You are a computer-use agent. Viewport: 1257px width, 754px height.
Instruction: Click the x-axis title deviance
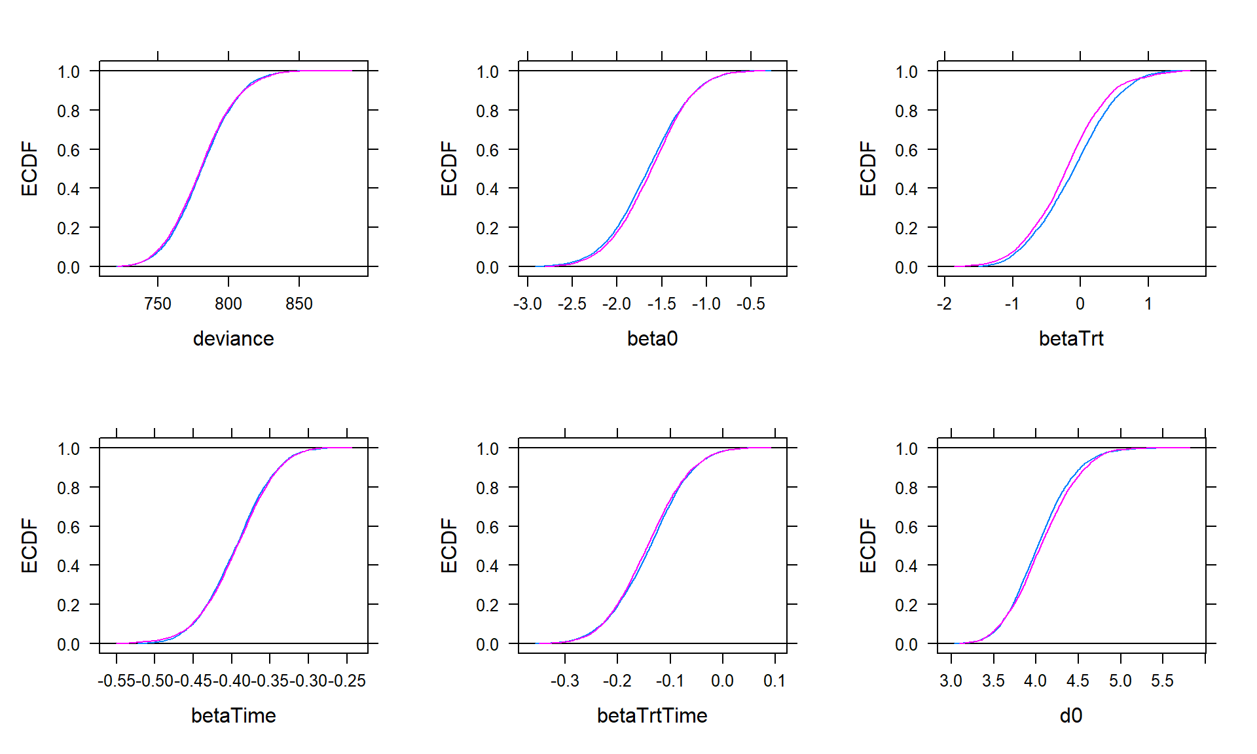pyautogui.click(x=233, y=338)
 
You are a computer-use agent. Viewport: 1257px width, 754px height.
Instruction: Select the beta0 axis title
pyautogui.click(x=652, y=338)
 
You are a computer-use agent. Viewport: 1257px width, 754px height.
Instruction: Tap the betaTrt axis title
pyautogui.click(x=1071, y=338)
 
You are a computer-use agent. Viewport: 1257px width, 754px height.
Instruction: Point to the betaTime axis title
pyautogui.click(x=233, y=715)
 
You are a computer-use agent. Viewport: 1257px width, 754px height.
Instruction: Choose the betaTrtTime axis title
pyautogui.click(x=652, y=715)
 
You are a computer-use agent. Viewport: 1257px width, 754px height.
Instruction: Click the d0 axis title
pyautogui.click(x=1071, y=715)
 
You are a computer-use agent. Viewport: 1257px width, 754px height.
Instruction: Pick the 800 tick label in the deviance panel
pyautogui.click(x=228, y=304)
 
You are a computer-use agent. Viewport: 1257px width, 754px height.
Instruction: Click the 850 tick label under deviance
pyautogui.click(x=299, y=304)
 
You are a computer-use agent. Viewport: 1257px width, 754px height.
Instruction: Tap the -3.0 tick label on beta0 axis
pyautogui.click(x=527, y=304)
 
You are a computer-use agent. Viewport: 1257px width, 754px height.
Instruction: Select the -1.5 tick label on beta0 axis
pyautogui.click(x=661, y=304)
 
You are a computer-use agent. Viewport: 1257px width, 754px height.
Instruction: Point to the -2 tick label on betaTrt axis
pyautogui.click(x=944, y=304)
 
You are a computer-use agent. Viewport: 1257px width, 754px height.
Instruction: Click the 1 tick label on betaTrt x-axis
pyautogui.click(x=1148, y=304)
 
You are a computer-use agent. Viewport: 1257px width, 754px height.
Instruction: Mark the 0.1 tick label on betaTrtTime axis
pyautogui.click(x=774, y=681)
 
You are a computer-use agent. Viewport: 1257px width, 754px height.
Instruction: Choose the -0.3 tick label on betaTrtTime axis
pyautogui.click(x=564, y=681)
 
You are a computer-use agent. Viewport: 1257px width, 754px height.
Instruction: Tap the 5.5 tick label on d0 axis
pyautogui.click(x=1162, y=681)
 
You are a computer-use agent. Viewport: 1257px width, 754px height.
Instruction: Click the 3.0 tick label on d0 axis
pyautogui.click(x=951, y=681)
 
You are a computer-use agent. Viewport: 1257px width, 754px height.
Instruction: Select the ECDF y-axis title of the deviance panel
pyautogui.click(x=29, y=168)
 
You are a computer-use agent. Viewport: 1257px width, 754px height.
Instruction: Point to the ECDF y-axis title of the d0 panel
pyautogui.click(x=867, y=545)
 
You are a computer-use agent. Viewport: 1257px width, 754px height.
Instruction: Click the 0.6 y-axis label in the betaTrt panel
pyautogui.click(x=906, y=150)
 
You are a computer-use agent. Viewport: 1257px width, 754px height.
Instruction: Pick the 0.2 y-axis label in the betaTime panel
pyautogui.click(x=68, y=605)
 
